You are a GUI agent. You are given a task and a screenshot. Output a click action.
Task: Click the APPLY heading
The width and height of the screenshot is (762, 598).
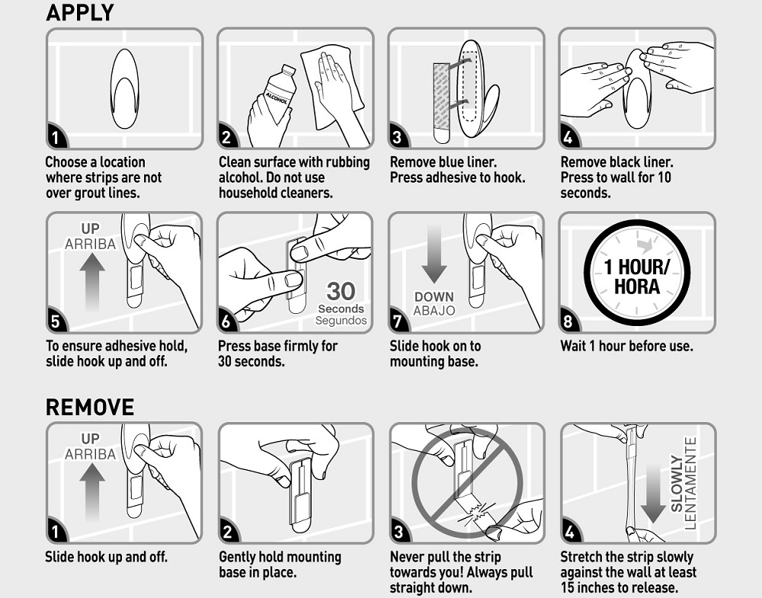pos(80,12)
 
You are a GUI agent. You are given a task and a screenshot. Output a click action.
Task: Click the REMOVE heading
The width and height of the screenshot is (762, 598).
pos(90,407)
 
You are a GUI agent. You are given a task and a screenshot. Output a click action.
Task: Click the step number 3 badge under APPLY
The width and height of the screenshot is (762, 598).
pos(397,137)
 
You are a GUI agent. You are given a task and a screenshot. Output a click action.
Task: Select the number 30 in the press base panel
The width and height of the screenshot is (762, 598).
pos(341,292)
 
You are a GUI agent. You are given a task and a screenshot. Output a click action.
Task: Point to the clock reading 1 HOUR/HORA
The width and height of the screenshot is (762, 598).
pos(637,273)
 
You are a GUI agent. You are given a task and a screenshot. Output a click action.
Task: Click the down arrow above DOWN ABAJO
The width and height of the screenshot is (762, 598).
pos(434,254)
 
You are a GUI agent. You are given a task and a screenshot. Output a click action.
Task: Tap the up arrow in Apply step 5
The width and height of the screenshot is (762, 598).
pos(92,281)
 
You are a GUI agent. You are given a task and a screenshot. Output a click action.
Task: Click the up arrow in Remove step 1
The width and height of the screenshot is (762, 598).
pos(92,491)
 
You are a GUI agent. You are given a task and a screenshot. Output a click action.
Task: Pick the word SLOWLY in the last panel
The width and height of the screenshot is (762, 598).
pos(676,484)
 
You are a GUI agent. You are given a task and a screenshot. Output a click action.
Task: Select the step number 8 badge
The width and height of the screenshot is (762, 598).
pos(568,321)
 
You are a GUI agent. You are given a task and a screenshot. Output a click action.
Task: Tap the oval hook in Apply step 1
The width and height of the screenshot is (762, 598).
pos(125,88)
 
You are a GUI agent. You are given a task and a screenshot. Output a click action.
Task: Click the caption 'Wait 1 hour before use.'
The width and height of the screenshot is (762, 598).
pos(626,346)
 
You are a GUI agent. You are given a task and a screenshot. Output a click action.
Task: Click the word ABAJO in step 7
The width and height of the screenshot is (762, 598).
pos(434,310)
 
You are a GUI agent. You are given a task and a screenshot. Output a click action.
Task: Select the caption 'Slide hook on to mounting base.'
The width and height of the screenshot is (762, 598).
pos(435,353)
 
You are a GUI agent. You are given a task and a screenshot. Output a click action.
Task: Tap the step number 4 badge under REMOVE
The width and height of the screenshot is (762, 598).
pos(568,532)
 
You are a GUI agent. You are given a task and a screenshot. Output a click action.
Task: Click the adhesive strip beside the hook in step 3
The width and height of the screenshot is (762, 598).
pos(441,103)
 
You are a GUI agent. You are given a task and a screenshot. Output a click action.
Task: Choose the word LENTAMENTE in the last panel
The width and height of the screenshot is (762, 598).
pos(690,484)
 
